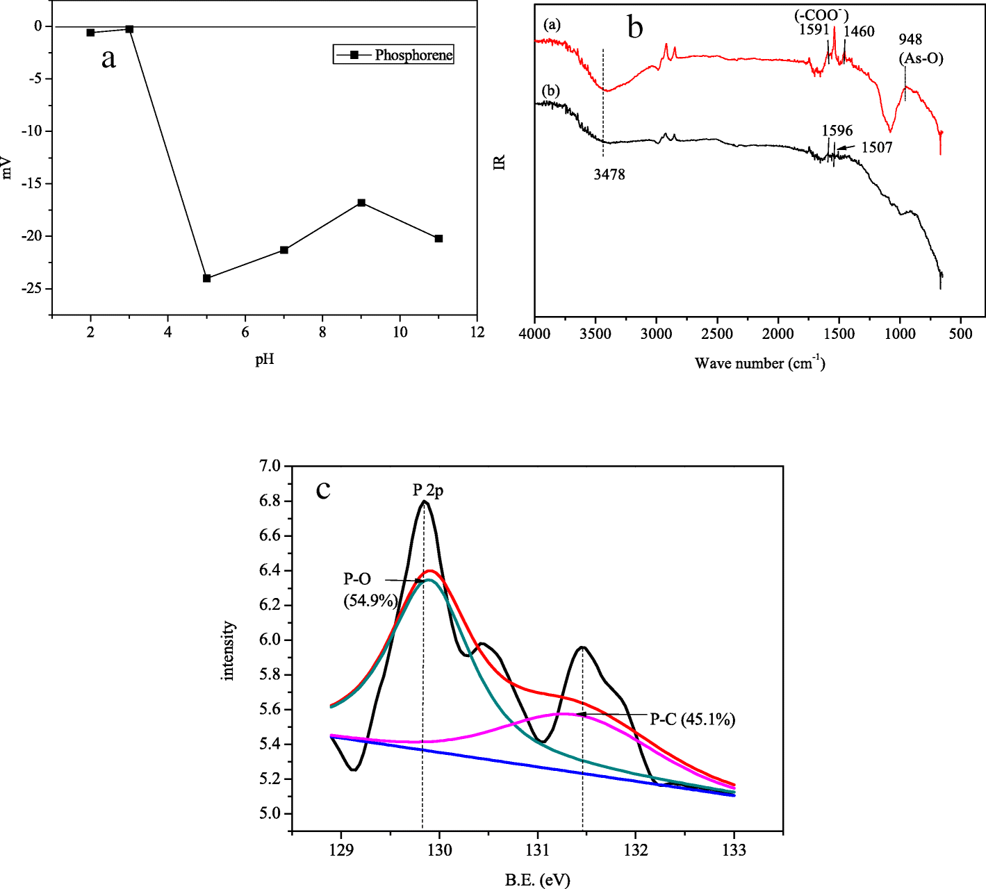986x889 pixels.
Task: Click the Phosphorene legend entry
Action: (x=394, y=55)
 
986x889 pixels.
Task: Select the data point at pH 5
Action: (x=206, y=278)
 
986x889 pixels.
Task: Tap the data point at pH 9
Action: (x=361, y=203)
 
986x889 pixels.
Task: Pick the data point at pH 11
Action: (x=438, y=238)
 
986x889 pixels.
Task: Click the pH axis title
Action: (x=264, y=359)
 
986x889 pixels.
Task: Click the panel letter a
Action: (x=108, y=58)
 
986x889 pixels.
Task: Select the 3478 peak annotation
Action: (x=609, y=174)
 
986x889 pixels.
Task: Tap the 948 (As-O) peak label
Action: (x=921, y=49)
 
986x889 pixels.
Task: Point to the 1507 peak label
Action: (x=876, y=147)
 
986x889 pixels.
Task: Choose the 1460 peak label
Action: (x=859, y=31)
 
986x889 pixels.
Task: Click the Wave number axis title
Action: (x=759, y=363)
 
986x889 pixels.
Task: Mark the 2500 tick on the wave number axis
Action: (x=716, y=334)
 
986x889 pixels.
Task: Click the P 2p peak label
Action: (x=428, y=490)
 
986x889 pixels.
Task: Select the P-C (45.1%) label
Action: (x=692, y=719)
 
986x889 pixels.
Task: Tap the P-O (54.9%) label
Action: (x=370, y=590)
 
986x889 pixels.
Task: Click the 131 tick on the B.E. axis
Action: (x=537, y=850)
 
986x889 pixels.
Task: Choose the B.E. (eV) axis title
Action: (x=537, y=880)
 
